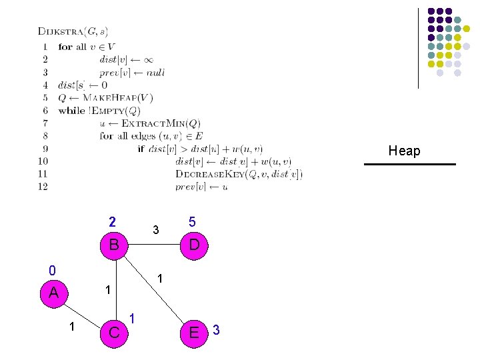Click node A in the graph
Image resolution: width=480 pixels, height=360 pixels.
coord(53,293)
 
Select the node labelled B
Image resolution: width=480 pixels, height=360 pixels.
coord(114,245)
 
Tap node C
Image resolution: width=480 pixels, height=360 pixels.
coord(114,332)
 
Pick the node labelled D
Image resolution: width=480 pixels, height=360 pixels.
coord(193,245)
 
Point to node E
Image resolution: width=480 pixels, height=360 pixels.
coord(194,332)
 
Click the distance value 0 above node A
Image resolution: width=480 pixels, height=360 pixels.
coord(52,271)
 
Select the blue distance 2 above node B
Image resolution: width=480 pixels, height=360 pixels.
coord(113,222)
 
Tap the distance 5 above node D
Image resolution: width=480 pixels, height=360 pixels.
coord(192,222)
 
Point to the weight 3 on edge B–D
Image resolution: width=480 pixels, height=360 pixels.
coord(155,231)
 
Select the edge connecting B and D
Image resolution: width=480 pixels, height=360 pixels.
coord(154,245)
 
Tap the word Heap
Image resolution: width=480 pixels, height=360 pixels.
coord(404,151)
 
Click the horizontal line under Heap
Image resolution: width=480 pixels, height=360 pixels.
coord(410,164)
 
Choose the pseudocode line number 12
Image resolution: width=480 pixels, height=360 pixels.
coord(43,187)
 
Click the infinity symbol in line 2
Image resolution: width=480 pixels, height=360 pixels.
coord(148,60)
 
